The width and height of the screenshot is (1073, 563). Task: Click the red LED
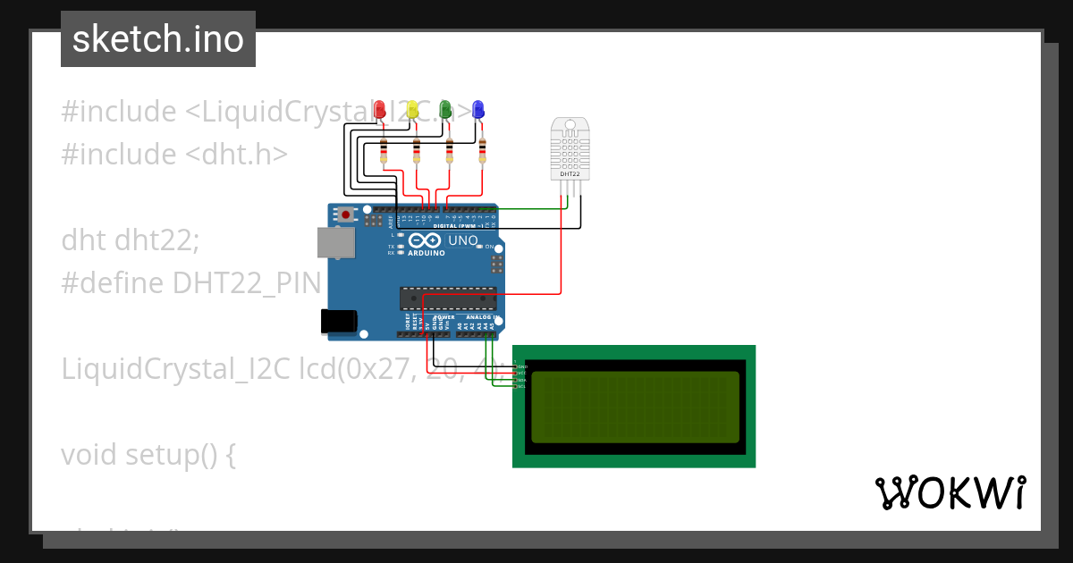pyautogui.click(x=380, y=109)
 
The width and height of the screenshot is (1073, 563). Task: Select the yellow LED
pyautogui.click(x=412, y=109)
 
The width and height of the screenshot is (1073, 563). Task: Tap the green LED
pyautogui.click(x=446, y=109)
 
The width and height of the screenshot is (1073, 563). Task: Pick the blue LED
pyautogui.click(x=478, y=109)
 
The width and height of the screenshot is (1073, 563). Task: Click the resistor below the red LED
pyautogui.click(x=384, y=152)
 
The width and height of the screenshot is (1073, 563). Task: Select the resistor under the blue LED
pyautogui.click(x=483, y=152)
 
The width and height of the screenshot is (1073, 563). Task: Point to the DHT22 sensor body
pyautogui.click(x=570, y=147)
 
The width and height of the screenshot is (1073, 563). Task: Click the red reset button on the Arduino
pyautogui.click(x=345, y=214)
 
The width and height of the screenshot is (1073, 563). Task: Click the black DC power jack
pyautogui.click(x=339, y=322)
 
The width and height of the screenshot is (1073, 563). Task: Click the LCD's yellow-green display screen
pyautogui.click(x=635, y=407)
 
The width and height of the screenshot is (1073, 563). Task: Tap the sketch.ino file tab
pyautogui.click(x=158, y=39)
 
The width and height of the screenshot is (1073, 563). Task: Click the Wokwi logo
pyautogui.click(x=950, y=492)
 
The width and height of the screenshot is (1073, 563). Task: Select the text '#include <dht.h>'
pyautogui.click(x=174, y=155)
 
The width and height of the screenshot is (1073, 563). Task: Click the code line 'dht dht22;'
pyautogui.click(x=131, y=240)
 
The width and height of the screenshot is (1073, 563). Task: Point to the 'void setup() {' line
pyautogui.click(x=148, y=455)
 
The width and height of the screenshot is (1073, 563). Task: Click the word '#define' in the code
pyautogui.click(x=113, y=283)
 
